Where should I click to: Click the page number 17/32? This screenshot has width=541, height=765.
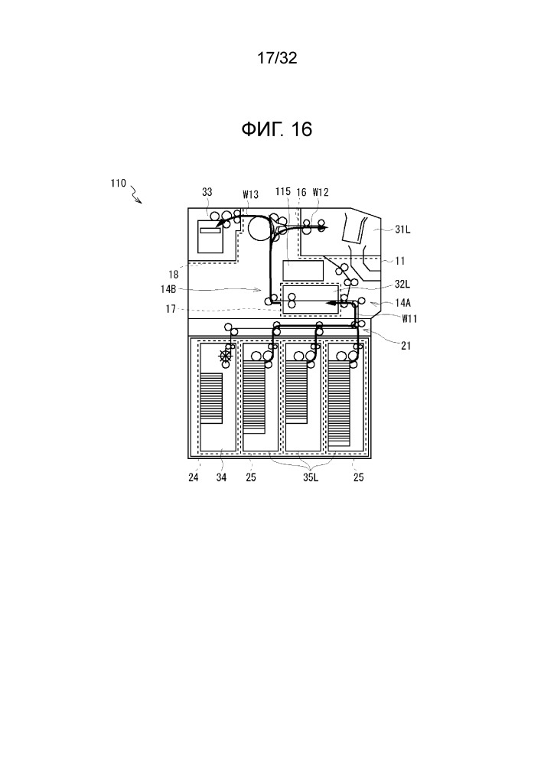pos(277,58)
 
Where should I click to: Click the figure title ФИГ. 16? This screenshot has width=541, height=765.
pos(276,129)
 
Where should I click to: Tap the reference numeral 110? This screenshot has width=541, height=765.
pos(118,184)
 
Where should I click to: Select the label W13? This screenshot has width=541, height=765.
pos(250,194)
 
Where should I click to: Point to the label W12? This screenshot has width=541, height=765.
pos(321,192)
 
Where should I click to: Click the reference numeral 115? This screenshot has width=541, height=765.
pos(283,192)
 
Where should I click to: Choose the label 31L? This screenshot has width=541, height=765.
pos(402,229)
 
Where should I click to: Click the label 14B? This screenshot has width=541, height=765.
pos(168,289)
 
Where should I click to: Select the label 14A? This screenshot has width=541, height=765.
pos(403,303)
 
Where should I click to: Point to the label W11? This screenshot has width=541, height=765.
pos(409,319)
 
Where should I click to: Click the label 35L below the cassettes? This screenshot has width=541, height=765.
pos(311,477)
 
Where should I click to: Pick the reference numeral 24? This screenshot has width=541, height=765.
pos(194,477)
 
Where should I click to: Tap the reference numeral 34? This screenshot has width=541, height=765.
pos(221,477)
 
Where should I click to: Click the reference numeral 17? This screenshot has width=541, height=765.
pos(171,309)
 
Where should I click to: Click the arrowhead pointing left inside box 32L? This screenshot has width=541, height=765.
pos(331,303)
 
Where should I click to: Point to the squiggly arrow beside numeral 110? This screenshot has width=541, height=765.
pos(135,197)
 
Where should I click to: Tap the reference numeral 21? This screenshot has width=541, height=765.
pos(406,346)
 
